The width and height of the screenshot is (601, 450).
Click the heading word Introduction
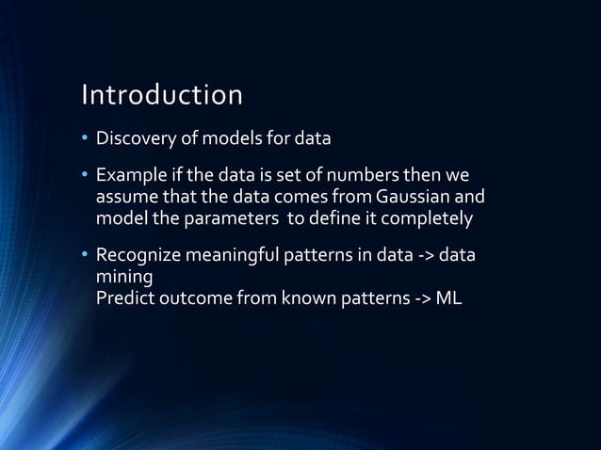(162, 95)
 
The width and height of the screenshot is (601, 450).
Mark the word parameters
(222, 217)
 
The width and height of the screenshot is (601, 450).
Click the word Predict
(123, 297)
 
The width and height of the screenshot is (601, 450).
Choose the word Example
(129, 176)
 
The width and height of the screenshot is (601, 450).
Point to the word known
(302, 297)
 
